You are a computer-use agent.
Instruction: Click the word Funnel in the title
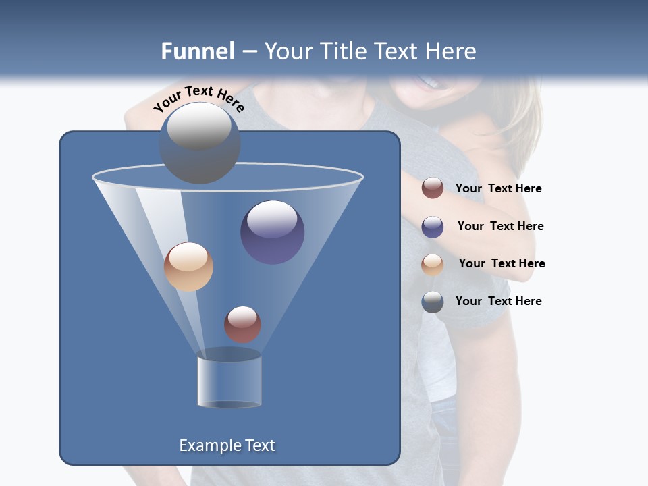pos(197,51)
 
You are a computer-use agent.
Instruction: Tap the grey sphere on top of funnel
pos(199,142)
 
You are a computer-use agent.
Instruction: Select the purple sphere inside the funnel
pos(272,232)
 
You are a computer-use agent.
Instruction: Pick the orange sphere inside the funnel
pos(188,267)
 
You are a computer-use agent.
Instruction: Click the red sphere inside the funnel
pos(242,324)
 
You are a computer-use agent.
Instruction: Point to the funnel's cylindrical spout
pos(229,381)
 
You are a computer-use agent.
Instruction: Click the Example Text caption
pos(227,446)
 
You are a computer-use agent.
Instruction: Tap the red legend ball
pos(433,188)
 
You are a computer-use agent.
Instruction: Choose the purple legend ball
pos(433,227)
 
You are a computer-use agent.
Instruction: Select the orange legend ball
pos(433,264)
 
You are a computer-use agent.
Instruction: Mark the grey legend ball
pos(433,302)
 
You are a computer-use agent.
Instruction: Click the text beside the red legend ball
pos(498,188)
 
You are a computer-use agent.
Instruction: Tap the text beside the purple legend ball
pos(500,226)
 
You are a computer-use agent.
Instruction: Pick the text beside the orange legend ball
pos(502,263)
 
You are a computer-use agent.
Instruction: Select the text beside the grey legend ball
pos(498,301)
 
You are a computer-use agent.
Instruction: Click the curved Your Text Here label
pos(198,98)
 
